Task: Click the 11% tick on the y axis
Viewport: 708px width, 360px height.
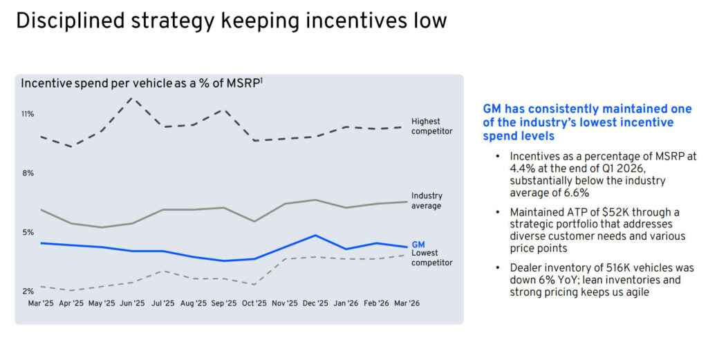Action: click(28, 114)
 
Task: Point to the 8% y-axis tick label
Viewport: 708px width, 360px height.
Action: click(28, 173)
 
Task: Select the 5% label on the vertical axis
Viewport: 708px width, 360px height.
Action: click(28, 232)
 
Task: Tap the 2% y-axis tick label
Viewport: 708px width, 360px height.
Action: click(28, 292)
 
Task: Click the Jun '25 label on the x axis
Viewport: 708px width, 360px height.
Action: click(131, 303)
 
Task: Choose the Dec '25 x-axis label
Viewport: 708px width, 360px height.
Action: click(315, 303)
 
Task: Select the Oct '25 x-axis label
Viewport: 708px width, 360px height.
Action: click(254, 303)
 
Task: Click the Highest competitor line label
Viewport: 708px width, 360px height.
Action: click(431, 126)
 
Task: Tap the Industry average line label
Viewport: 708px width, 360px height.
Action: click(427, 201)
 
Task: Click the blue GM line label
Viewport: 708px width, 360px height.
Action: click(418, 245)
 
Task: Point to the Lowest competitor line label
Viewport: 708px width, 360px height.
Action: click(431, 258)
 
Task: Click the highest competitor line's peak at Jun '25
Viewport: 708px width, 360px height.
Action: click(131, 97)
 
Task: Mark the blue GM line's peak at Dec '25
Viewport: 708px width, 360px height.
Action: click(315, 236)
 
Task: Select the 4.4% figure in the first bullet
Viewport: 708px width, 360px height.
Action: click(522, 169)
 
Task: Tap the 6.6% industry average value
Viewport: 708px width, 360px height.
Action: click(575, 193)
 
